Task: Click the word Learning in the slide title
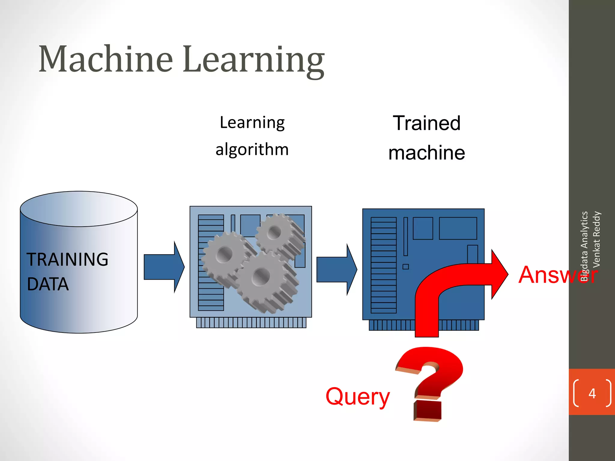(x=254, y=60)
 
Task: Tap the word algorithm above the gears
(x=252, y=149)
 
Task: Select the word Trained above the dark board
(x=426, y=123)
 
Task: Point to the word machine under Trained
(x=426, y=153)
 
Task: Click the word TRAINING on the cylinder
(x=67, y=259)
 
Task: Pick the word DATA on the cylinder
(x=48, y=284)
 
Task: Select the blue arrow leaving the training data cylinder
(x=164, y=267)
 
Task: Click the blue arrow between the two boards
(x=336, y=270)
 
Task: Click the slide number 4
(x=592, y=393)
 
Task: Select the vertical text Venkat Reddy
(x=596, y=240)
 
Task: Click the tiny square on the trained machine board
(x=406, y=267)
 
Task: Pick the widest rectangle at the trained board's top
(x=458, y=228)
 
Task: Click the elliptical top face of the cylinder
(x=79, y=209)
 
